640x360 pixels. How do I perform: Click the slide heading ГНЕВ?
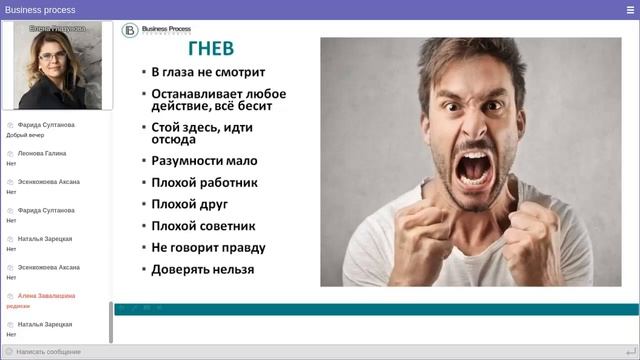click(x=211, y=49)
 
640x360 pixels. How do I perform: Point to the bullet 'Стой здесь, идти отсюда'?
click(x=202, y=133)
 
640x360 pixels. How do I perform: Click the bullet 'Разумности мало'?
click(x=204, y=160)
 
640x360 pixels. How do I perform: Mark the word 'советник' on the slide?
click(x=228, y=226)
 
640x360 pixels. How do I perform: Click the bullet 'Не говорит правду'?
click(x=208, y=247)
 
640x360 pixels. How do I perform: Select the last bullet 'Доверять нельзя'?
click(x=202, y=269)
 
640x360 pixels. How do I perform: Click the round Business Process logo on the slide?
click(x=130, y=30)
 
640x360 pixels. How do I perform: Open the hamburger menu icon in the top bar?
click(x=629, y=9)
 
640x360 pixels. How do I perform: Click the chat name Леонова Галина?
click(x=42, y=153)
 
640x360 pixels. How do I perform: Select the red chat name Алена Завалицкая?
click(x=46, y=296)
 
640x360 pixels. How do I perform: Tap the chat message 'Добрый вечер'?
click(x=25, y=134)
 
